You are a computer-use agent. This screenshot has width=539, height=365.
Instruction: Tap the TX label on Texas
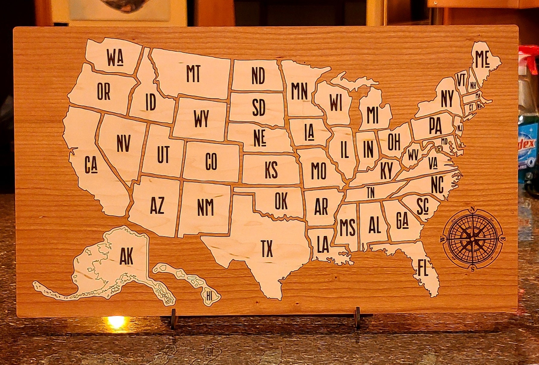click(267, 249)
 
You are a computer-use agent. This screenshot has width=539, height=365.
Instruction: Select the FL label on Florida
click(423, 268)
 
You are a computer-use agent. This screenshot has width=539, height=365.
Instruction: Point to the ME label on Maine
click(482, 59)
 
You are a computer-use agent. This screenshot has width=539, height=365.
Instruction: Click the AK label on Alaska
click(126, 257)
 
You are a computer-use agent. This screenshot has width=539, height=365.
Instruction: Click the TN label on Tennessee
click(371, 192)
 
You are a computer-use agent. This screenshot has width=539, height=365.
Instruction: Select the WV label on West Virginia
click(413, 155)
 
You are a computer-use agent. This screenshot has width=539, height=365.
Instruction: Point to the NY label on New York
click(447, 98)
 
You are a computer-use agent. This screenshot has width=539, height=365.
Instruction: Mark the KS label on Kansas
click(271, 170)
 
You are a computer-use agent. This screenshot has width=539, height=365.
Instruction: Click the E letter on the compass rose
click(502, 240)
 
